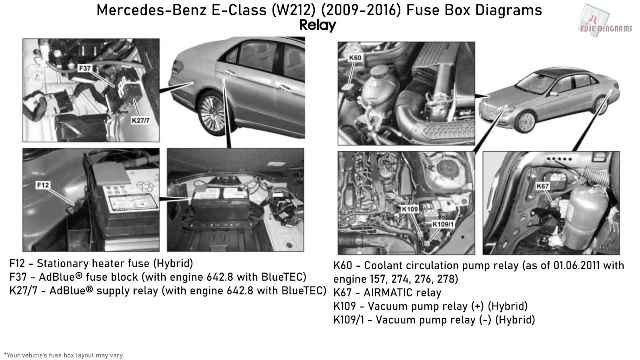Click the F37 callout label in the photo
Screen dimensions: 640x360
[85, 68]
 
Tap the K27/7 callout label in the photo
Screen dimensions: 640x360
[141, 120]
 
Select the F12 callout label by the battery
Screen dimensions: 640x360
[43, 185]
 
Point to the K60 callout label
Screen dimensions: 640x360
[355, 58]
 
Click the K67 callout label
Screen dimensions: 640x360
[542, 186]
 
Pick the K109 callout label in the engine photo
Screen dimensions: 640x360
[410, 209]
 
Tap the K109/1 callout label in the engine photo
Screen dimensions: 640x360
[443, 224]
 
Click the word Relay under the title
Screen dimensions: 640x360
[317, 25]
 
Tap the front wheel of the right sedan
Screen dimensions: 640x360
[526, 122]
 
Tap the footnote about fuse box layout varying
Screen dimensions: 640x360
[64, 355]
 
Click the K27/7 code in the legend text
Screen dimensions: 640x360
[23, 291]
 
